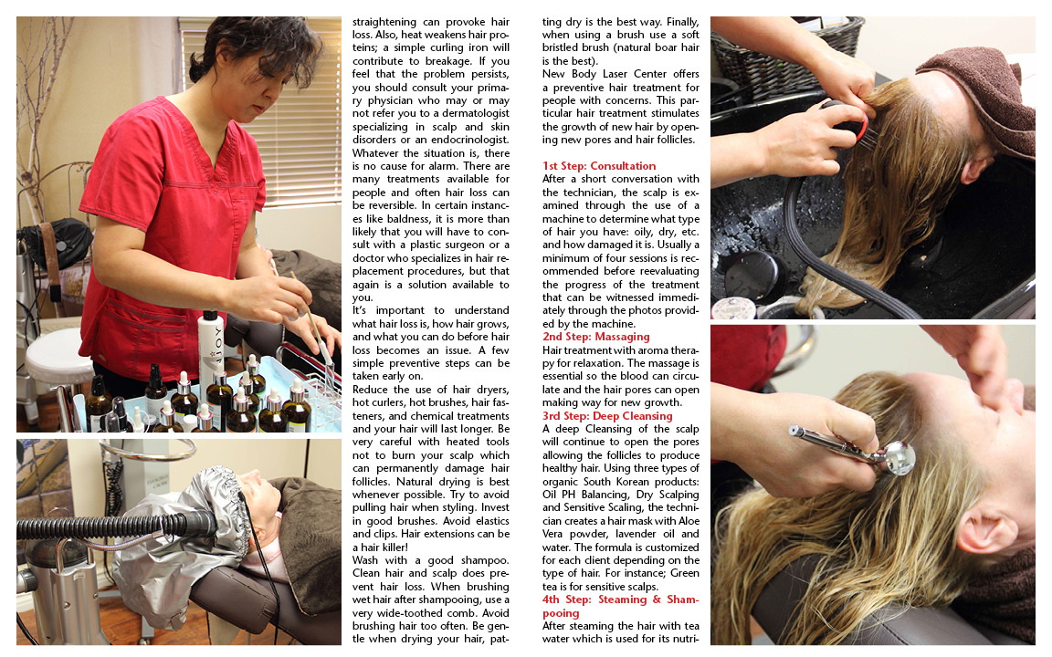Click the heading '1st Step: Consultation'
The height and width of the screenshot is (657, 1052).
click(x=599, y=165)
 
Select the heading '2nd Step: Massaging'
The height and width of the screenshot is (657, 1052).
click(x=595, y=337)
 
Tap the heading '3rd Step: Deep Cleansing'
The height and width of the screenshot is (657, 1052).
click(x=607, y=416)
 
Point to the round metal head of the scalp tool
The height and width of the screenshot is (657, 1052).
click(x=899, y=458)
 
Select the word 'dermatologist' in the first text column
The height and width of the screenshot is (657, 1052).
click(x=473, y=113)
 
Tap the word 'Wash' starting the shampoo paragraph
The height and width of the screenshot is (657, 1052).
click(x=365, y=560)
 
